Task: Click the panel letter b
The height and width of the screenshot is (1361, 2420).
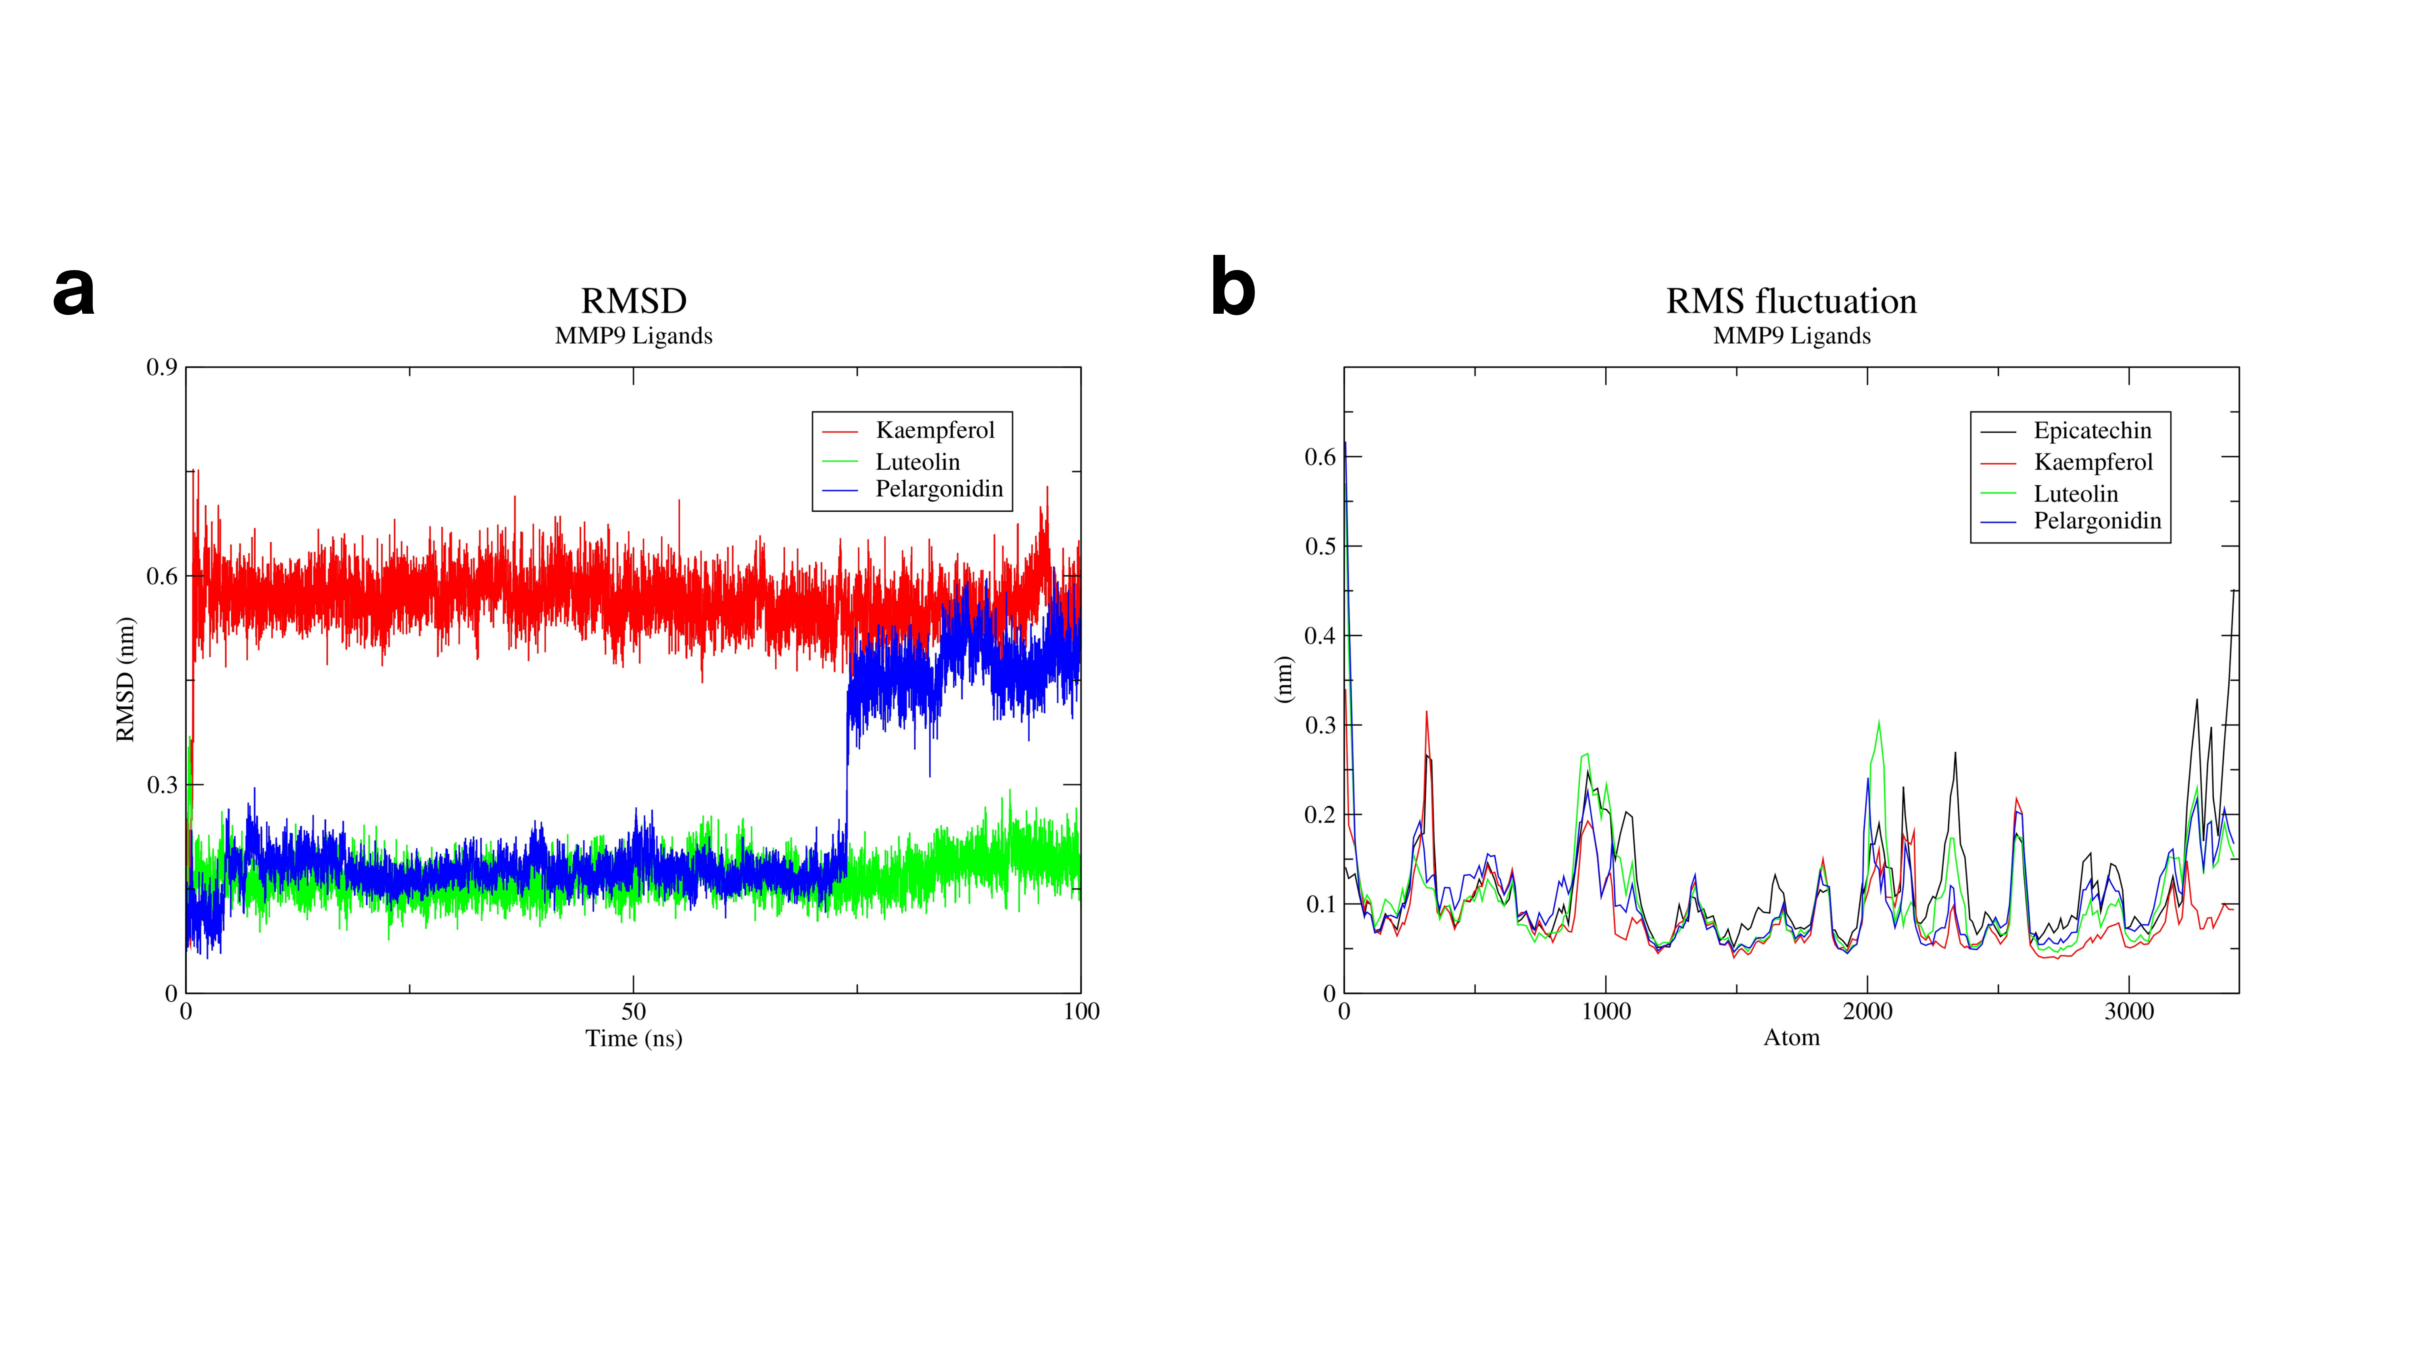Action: (1233, 289)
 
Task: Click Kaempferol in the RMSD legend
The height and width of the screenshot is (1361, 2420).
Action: (935, 430)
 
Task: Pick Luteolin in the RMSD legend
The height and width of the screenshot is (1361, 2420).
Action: (918, 462)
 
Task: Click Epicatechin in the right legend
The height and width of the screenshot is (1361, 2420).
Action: (2092, 430)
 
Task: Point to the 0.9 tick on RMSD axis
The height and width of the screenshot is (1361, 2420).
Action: (162, 367)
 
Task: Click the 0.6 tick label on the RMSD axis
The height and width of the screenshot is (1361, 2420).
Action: (162, 576)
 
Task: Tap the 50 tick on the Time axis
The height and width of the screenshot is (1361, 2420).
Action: (633, 1012)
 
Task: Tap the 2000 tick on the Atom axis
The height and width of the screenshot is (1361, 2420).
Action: (1867, 1012)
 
